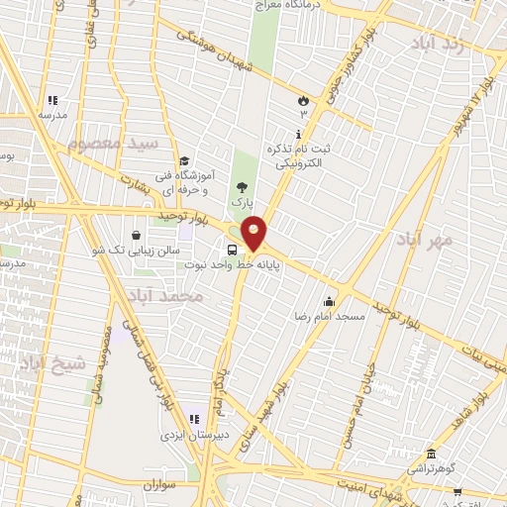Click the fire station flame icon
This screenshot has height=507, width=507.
pos(303,101)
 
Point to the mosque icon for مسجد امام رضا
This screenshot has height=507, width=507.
pos(329,302)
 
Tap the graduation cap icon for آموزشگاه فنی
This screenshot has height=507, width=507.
pos(183,161)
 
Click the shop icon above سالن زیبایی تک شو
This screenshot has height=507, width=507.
pos(135,235)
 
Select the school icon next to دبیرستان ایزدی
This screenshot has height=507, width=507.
pos(194,420)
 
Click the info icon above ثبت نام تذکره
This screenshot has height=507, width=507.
pos(299,133)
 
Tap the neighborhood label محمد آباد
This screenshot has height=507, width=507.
pos(165,296)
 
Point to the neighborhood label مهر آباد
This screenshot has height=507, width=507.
pos(427,239)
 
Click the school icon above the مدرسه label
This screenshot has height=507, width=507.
pos(51,100)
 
